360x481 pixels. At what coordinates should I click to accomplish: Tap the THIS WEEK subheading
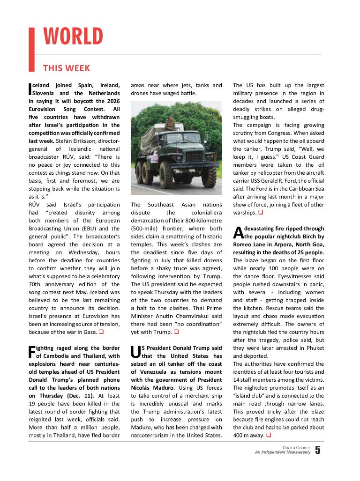tap(67, 68)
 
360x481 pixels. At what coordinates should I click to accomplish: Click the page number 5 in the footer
tap(318, 451)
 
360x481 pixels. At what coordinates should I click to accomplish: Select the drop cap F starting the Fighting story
tap(32, 351)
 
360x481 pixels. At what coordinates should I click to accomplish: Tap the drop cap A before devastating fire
tap(237, 232)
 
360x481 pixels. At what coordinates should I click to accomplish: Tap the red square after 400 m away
tap(269, 436)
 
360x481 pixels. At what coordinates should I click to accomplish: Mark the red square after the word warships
tap(260, 213)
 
